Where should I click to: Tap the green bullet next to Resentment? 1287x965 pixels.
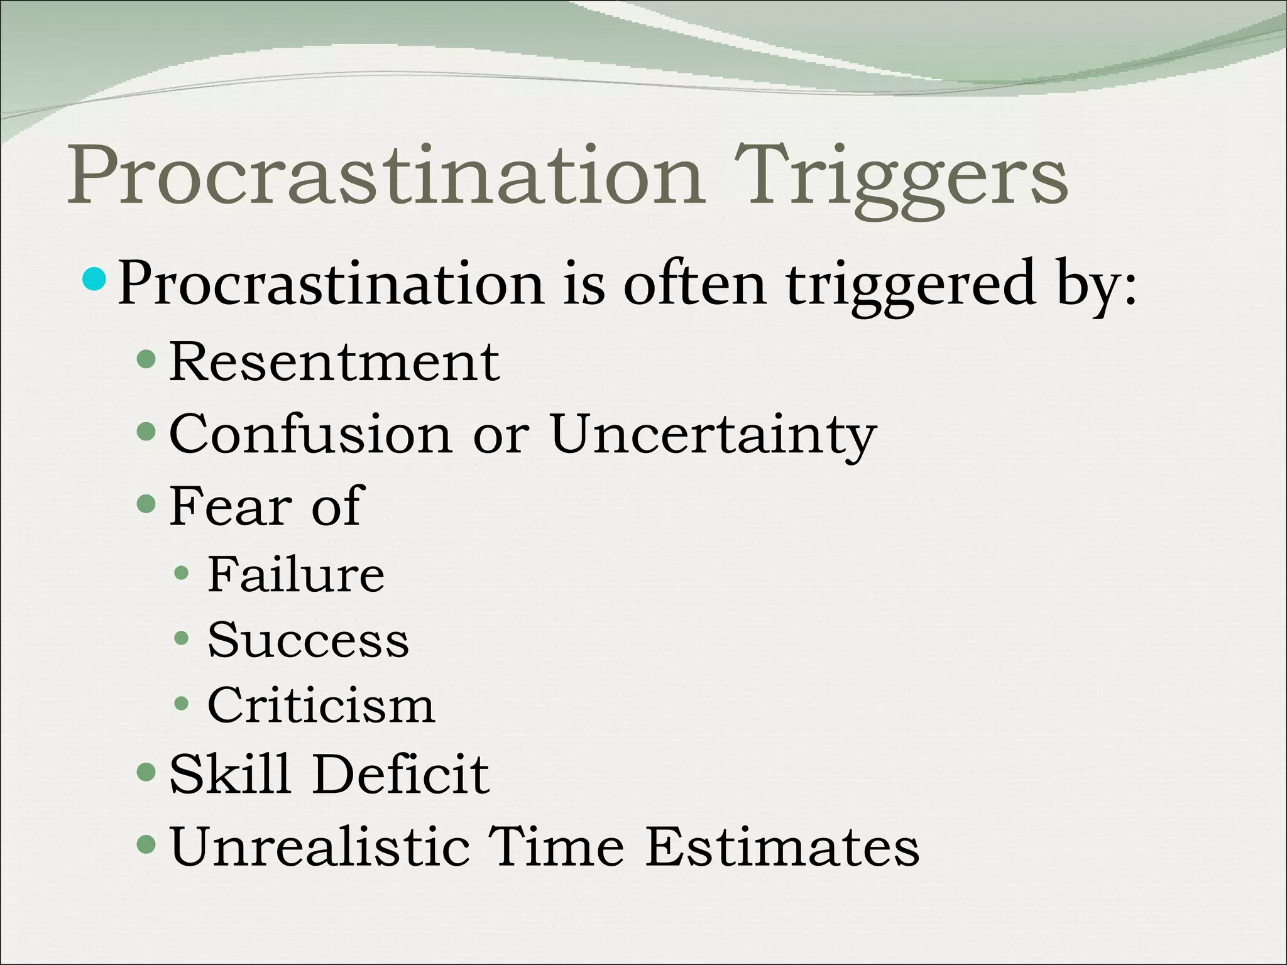tap(146, 360)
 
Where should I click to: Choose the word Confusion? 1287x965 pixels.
tap(310, 434)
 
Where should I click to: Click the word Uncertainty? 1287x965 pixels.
tap(713, 435)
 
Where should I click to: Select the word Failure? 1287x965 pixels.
tap(295, 574)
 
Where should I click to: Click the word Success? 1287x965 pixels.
tap(308, 640)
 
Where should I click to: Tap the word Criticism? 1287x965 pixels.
tap(320, 706)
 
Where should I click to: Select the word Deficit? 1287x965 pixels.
tap(401, 774)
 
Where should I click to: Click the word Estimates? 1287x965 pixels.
tap(782, 846)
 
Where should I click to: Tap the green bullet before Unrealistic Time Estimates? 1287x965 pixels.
tap(146, 844)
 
